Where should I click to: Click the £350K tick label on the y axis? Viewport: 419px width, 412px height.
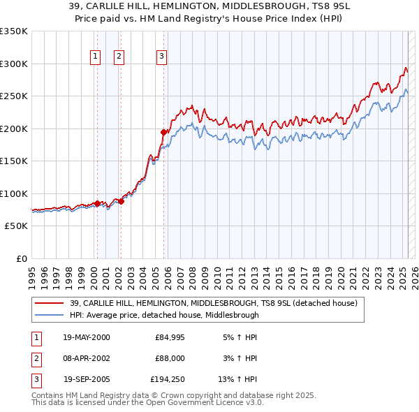tap(14, 31)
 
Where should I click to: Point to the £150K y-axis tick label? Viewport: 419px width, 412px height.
tap(14, 161)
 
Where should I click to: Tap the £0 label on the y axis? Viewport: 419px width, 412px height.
tap(20, 258)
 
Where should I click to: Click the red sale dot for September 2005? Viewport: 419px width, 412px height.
tap(163, 131)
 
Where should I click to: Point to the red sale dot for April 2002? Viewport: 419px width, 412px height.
tap(121, 201)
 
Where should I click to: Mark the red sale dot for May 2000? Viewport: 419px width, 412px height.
tap(97, 203)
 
